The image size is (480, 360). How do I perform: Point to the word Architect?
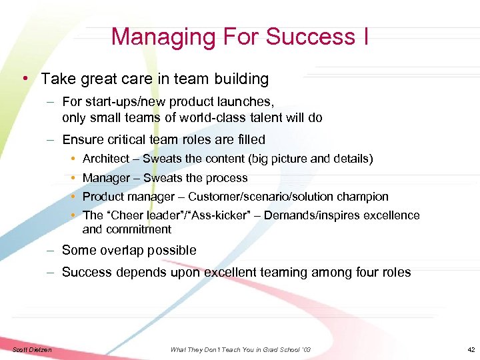106,159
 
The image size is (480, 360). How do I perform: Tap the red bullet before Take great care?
24,79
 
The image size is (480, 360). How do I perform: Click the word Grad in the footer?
270,349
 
